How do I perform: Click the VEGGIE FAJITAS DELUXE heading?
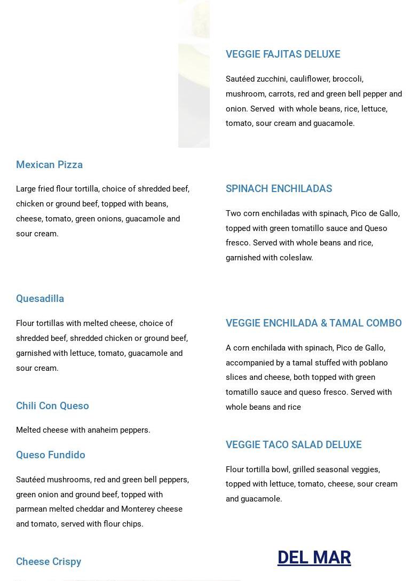pyautogui.click(x=282, y=54)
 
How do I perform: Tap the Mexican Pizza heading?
pyautogui.click(x=49, y=164)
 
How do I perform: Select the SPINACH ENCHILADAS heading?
pyautogui.click(x=279, y=188)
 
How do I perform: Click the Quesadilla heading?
pyautogui.click(x=40, y=298)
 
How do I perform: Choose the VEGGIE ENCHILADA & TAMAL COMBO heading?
pyautogui.click(x=313, y=323)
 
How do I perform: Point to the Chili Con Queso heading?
pyautogui.click(x=52, y=405)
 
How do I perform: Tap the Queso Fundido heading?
pyautogui.click(x=51, y=455)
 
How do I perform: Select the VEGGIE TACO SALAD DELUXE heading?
pyautogui.click(x=293, y=444)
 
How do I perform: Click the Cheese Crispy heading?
pyautogui.click(x=49, y=561)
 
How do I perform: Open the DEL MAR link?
pyautogui.click(x=314, y=557)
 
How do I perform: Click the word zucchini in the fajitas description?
pyautogui.click(x=271, y=79)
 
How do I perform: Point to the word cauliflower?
pyautogui.click(x=309, y=79)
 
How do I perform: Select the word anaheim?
pyautogui.click(x=97, y=430)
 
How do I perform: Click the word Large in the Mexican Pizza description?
pyautogui.click(x=26, y=189)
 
